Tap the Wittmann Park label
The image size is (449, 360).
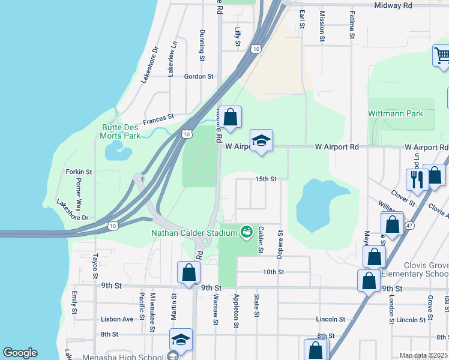coord(395,113)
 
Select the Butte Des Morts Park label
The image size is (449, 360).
coord(121,131)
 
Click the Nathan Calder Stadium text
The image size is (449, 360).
coord(195,232)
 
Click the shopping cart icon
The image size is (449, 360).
coord(442,56)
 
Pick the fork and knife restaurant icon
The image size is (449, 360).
coord(415,178)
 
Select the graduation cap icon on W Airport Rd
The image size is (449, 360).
coord(261,140)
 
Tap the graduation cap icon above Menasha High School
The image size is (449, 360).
coord(181,340)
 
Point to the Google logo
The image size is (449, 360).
coord(20,353)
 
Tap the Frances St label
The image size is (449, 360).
coord(158,116)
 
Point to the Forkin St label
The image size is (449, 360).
coord(79,172)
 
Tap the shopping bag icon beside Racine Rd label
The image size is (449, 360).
coord(229,116)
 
